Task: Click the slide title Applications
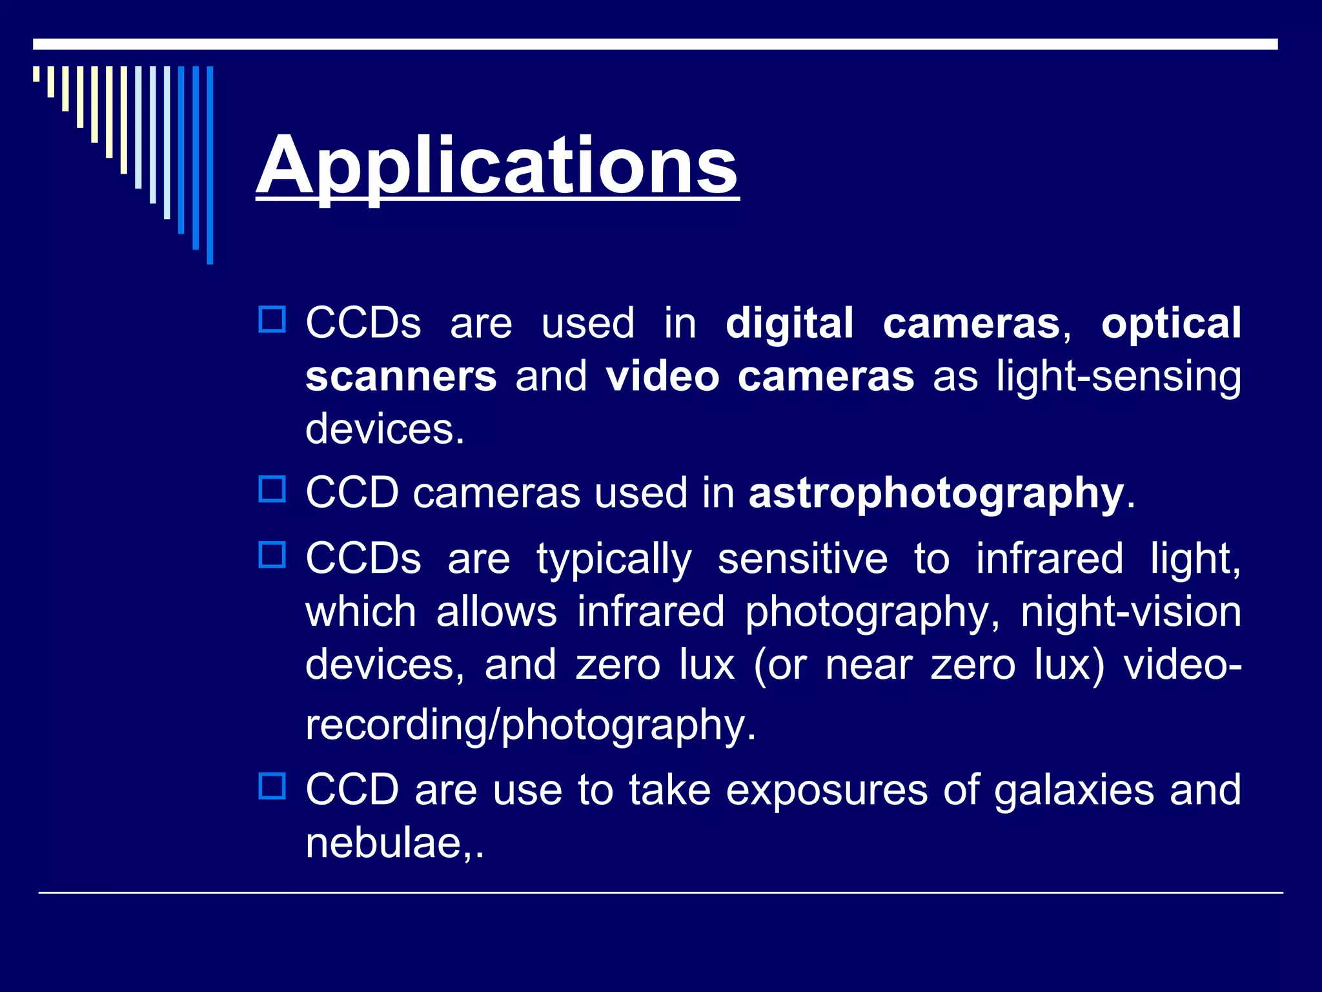[x=497, y=167]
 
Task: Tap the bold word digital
[x=789, y=324]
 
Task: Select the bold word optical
[x=1170, y=324]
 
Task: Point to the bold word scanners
[x=401, y=377]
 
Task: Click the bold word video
[x=662, y=377]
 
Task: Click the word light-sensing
[x=1118, y=377]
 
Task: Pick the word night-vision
[x=1130, y=612]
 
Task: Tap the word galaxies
[x=1073, y=790]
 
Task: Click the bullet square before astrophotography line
[x=272, y=489]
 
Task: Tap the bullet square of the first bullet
[x=272, y=319]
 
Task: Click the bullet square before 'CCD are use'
[x=272, y=786]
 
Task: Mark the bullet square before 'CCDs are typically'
[x=272, y=555]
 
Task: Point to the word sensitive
[x=802, y=559]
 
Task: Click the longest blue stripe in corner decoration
[x=210, y=165]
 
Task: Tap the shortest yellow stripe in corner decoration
[x=37, y=74]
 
